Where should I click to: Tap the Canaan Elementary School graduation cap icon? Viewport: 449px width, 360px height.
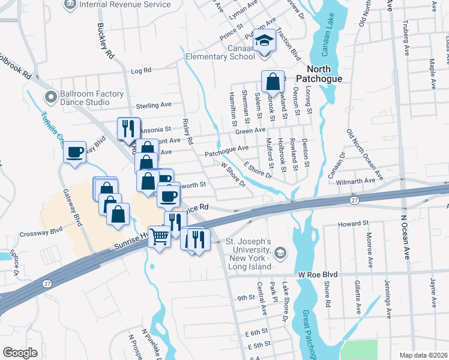pyautogui.click(x=264, y=41)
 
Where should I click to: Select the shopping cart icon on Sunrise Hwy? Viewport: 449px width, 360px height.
pyautogui.click(x=158, y=237)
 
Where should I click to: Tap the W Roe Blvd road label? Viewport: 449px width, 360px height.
pyautogui.click(x=318, y=274)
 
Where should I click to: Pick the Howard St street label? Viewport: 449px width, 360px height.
pyautogui.click(x=353, y=223)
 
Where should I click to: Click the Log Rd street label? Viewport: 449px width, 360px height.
pyautogui.click(x=140, y=71)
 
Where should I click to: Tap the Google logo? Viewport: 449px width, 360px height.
pyautogui.click(x=20, y=352)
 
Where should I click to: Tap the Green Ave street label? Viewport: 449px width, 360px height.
pyautogui.click(x=250, y=130)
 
